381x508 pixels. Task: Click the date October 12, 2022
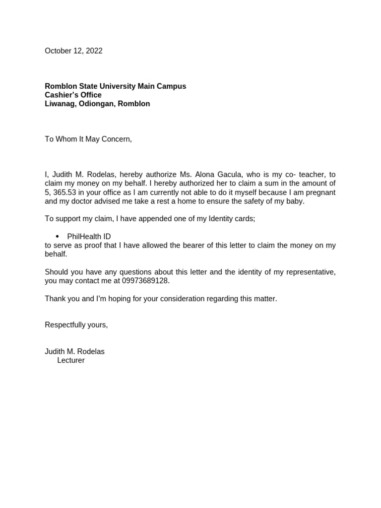(73, 51)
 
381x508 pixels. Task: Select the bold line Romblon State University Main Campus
(115, 86)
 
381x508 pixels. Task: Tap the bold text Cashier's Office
(73, 95)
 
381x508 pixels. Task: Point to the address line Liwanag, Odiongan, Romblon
(97, 104)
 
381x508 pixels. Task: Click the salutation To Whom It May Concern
(88, 139)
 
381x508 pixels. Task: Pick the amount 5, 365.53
(63, 192)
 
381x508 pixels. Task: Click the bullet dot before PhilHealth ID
(58, 237)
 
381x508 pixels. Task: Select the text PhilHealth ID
(89, 237)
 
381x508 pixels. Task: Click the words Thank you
(60, 299)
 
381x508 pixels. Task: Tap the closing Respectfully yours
(76, 325)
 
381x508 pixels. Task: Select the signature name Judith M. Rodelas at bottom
(74, 352)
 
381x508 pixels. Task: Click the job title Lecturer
(71, 361)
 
